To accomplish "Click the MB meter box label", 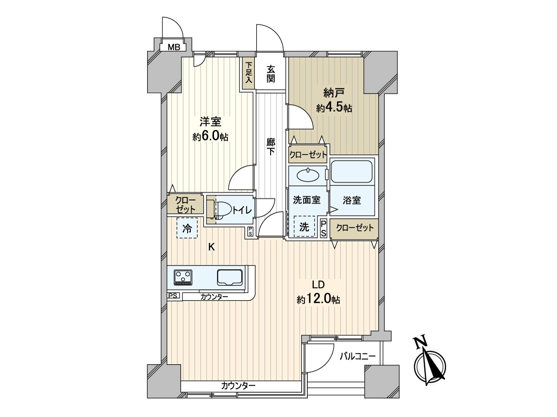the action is pyautogui.click(x=174, y=47).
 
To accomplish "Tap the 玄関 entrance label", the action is pyautogui.click(x=271, y=74).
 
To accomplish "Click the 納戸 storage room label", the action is pyautogui.click(x=334, y=94).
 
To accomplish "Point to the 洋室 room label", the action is pyautogui.click(x=210, y=122).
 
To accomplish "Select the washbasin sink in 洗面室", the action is pyautogui.click(x=308, y=175).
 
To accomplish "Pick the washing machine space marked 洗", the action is pyautogui.click(x=304, y=226).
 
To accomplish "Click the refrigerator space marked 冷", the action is pyautogui.click(x=187, y=228).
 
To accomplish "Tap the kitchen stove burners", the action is pyautogui.click(x=183, y=278).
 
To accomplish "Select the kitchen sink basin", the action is pyautogui.click(x=230, y=278).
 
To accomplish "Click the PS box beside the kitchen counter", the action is pyautogui.click(x=173, y=296).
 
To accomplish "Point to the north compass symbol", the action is pyautogui.click(x=430, y=365).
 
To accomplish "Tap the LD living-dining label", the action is pyautogui.click(x=318, y=285).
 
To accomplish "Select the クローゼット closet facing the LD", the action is pyautogui.click(x=355, y=228).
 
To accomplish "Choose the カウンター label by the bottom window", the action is pyautogui.click(x=238, y=386).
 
